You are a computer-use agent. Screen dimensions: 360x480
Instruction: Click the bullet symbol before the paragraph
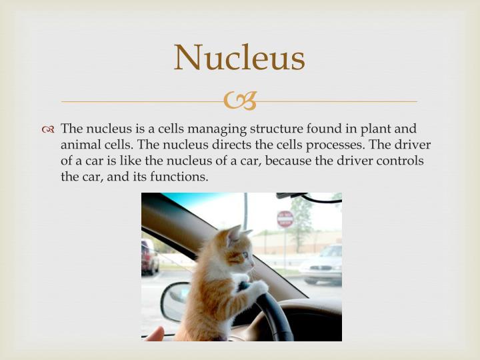(x=49, y=129)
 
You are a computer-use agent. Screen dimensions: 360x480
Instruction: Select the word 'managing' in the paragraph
(x=219, y=129)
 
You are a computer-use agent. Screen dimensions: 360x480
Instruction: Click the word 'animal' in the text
(x=80, y=145)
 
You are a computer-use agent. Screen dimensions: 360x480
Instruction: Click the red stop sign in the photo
(x=285, y=219)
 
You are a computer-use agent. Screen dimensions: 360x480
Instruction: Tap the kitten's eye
(x=244, y=255)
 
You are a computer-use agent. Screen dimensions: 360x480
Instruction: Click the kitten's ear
(x=234, y=235)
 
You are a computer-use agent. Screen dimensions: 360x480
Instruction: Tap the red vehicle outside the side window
(x=149, y=257)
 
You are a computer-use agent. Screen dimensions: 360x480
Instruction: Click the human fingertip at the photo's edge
(x=154, y=335)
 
